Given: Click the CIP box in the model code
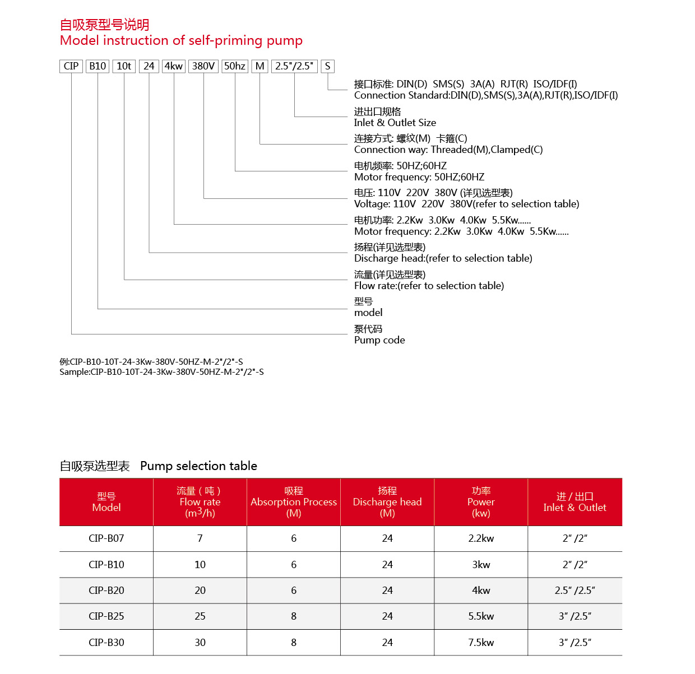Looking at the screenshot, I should [71, 66].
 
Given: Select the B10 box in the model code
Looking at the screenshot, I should [98, 66].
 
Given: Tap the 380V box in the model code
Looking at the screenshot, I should [203, 66].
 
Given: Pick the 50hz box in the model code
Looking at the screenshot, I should [235, 66].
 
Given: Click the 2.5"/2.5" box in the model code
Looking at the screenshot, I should [294, 66].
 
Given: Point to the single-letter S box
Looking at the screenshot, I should [328, 66].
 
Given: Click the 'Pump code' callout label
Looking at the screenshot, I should [379, 340].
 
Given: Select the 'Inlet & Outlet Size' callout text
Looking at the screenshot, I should [395, 123].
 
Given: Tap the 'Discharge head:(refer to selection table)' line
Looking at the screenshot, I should [443, 258].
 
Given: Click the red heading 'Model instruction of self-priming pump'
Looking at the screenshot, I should [181, 40].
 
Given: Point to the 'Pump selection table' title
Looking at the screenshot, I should [198, 466].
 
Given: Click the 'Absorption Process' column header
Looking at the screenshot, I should [294, 502].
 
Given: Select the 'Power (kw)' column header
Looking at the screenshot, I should [481, 502].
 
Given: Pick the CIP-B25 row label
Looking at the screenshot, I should [106, 616].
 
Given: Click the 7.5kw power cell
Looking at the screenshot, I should [481, 643].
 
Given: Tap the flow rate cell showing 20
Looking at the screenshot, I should [200, 591].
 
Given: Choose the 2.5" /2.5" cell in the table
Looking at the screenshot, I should [575, 591].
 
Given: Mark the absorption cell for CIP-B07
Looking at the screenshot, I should [294, 538].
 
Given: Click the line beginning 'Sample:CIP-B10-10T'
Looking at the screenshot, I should [161, 372].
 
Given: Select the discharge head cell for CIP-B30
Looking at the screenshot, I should [387, 643].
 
